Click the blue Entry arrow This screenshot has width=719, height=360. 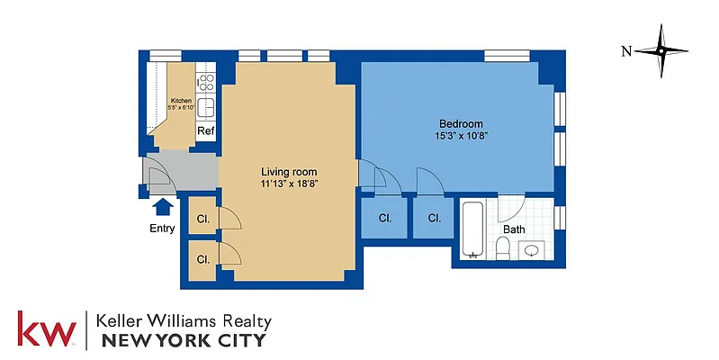(x=161, y=207)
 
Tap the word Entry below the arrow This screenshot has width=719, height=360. (x=162, y=229)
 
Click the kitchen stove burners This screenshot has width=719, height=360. (x=206, y=84)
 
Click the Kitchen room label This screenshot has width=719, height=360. (x=180, y=101)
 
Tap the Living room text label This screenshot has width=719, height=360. (x=289, y=172)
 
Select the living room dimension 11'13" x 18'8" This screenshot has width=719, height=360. (x=289, y=184)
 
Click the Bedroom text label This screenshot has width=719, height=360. (x=461, y=124)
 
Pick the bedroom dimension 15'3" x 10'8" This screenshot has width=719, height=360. (x=461, y=136)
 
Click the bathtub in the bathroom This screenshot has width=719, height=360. (x=472, y=231)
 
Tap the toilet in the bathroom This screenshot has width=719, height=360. (x=504, y=247)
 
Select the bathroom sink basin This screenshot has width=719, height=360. (x=533, y=249)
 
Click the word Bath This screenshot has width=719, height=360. (x=514, y=229)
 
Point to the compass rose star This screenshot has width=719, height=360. (x=661, y=51)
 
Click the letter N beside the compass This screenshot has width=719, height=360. (x=625, y=51)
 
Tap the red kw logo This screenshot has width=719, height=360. (x=46, y=329)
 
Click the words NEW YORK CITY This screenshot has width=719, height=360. (x=184, y=340)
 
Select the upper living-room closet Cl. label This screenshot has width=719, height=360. (x=203, y=218)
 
